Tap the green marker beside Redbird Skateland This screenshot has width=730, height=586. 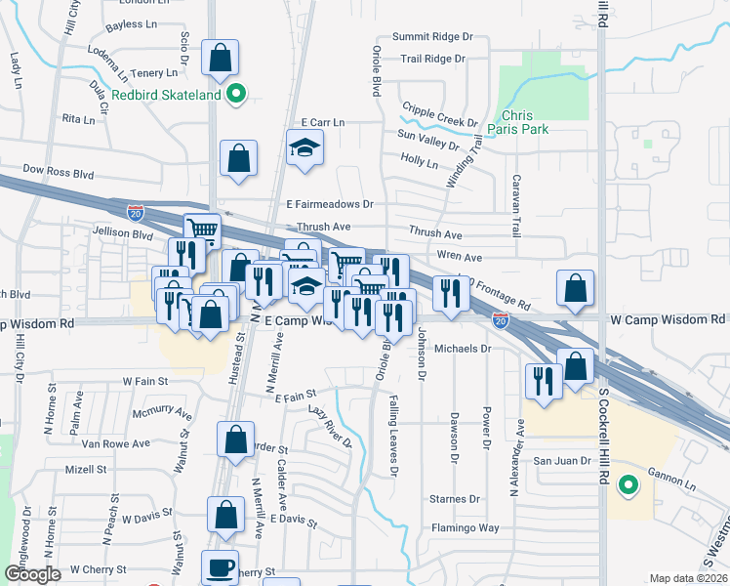point(235,95)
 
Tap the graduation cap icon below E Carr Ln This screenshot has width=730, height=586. point(304,148)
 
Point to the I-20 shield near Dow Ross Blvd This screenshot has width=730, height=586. point(135,211)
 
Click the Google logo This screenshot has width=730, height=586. point(32,574)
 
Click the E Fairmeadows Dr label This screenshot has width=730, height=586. point(330,204)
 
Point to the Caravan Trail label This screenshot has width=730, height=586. point(515,206)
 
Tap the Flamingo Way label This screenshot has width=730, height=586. point(466,528)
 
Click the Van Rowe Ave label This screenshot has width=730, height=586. point(116,443)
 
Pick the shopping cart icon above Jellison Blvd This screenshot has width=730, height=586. point(201,230)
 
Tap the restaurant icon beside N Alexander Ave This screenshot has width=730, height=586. point(542,380)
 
